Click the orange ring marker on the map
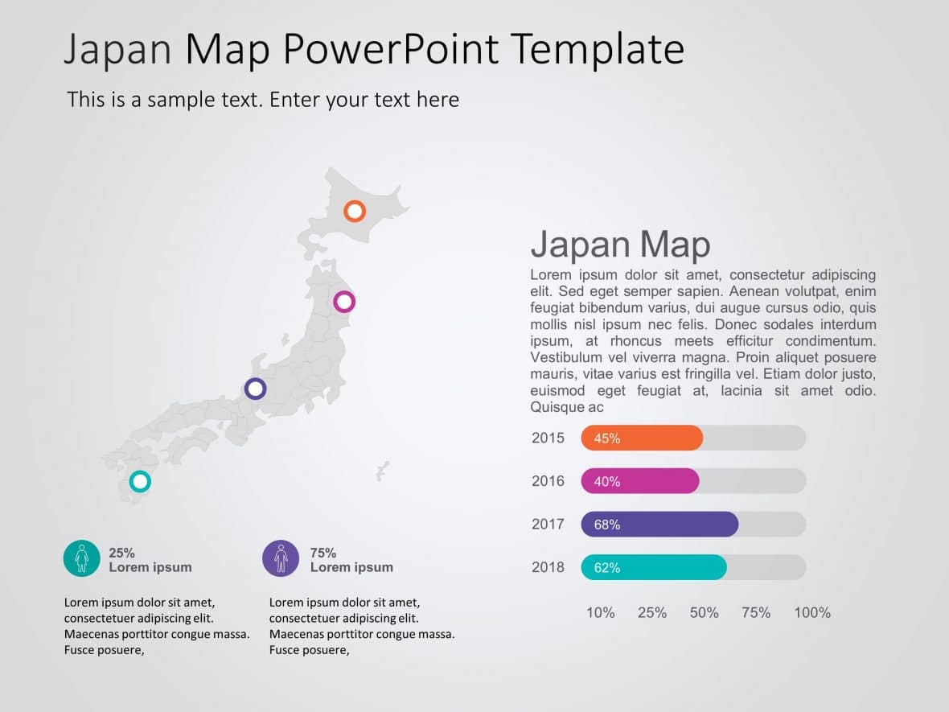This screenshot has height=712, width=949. point(355,212)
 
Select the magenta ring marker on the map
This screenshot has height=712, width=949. point(344,302)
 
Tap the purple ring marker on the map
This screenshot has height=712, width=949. point(255,389)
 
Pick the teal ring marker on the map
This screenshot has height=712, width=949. point(141,482)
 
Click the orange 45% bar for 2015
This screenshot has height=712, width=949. point(642,438)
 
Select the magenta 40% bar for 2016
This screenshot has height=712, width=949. point(640,481)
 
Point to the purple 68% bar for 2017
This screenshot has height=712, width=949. point(659,525)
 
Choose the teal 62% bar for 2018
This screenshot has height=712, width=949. point(654,568)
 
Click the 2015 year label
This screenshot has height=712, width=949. point(548,438)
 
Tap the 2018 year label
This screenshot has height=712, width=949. point(548,567)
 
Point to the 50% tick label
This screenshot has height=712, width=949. point(704,613)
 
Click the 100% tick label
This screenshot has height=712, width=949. point(812,613)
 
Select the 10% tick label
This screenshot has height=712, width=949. point(600,613)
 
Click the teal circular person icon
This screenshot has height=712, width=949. point(82,558)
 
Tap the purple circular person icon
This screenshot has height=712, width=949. point(281,558)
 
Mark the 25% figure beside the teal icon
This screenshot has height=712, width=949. point(122,553)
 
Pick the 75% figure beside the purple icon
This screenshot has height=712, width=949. point(323,553)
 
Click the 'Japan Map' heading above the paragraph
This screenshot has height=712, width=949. point(620,244)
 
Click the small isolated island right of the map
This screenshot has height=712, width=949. point(383,471)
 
